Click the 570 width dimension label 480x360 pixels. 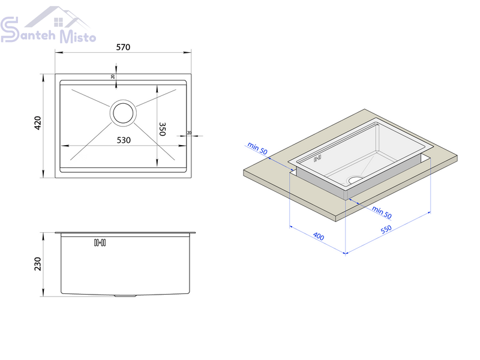123,47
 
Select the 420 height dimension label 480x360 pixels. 38,123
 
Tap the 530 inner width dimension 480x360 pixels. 124,140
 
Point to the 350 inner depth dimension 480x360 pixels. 162,129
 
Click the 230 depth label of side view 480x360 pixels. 38,264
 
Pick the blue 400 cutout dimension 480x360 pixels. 319,236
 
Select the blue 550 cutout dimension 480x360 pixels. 386,229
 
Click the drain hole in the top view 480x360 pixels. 123,113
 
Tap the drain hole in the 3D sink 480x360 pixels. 355,179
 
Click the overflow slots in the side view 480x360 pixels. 100,243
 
